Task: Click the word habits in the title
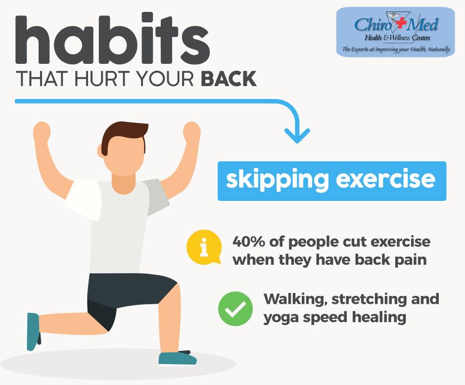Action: click(112, 38)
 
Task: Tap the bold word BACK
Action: click(229, 79)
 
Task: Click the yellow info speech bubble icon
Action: click(204, 247)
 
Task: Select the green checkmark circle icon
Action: click(235, 309)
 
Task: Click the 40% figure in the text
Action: click(248, 241)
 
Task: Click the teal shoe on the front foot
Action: click(177, 358)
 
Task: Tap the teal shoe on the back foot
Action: click(33, 332)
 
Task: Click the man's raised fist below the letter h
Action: click(42, 131)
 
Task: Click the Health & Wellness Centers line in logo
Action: click(397, 38)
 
